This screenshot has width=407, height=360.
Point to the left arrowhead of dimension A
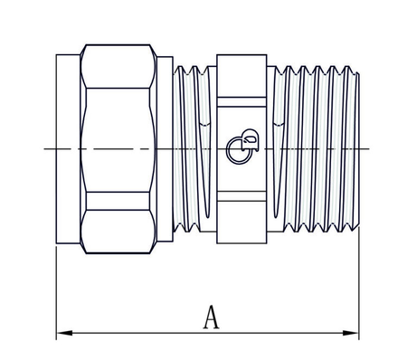pyautogui.click(x=62, y=334)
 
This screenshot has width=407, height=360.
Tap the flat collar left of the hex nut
pyautogui.click(x=69, y=148)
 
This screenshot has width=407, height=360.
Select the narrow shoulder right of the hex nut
pyautogui.click(x=165, y=148)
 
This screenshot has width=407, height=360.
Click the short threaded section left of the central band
pyautogui.click(x=194, y=148)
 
